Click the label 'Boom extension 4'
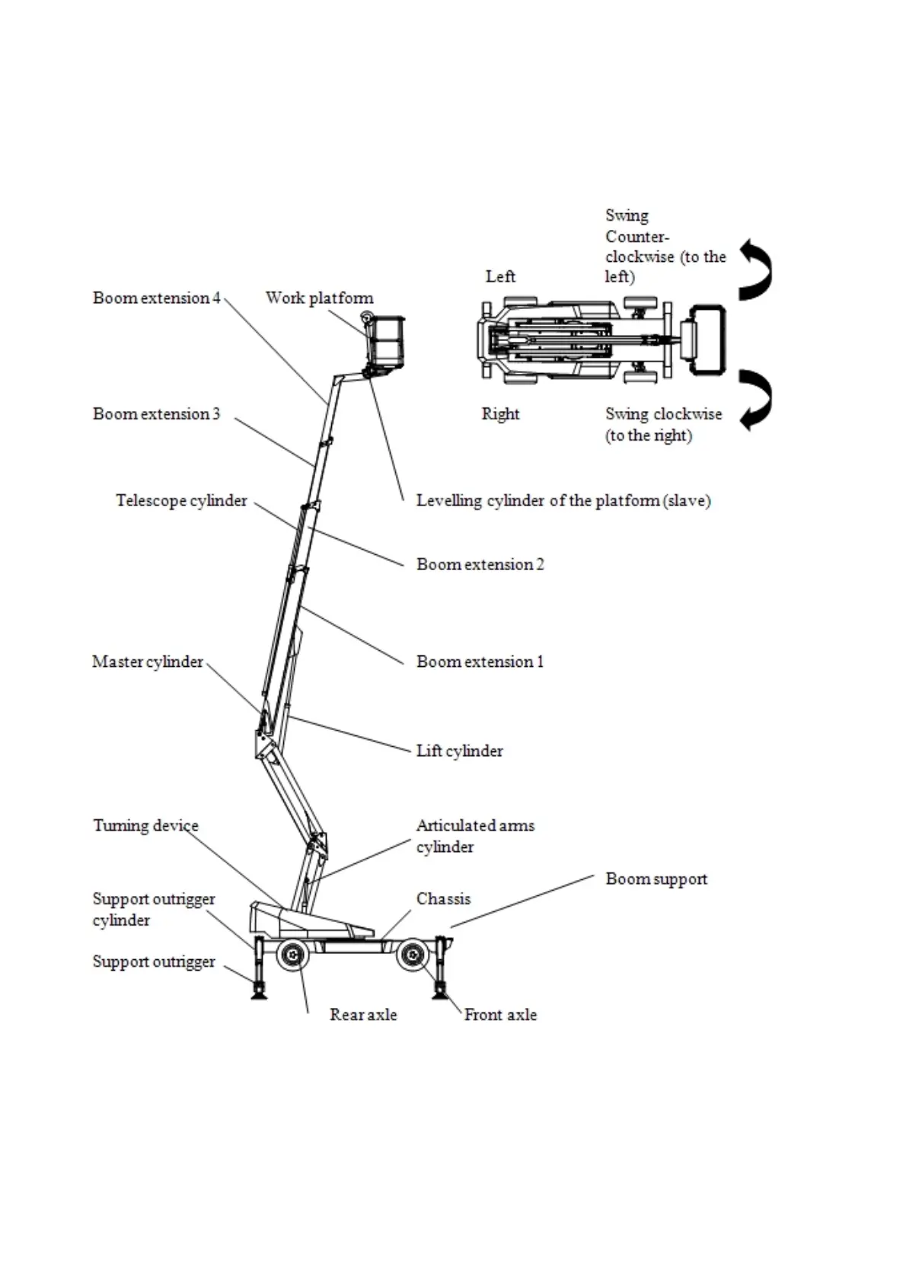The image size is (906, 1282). [x=156, y=298]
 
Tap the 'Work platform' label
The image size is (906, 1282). [x=319, y=298]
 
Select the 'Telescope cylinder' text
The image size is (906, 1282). [x=181, y=500]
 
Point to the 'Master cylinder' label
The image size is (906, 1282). [x=148, y=662]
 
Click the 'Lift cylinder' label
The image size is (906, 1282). [x=459, y=751]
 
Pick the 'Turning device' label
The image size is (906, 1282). [x=145, y=825]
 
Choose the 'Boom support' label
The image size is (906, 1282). [x=656, y=879]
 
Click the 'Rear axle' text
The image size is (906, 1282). [x=362, y=1014]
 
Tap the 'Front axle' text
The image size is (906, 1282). [x=500, y=1014]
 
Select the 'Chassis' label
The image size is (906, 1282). [x=443, y=898]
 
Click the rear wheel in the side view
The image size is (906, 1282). [x=292, y=955]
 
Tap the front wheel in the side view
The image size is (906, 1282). [x=412, y=955]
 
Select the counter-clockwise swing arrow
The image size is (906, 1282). [x=757, y=269]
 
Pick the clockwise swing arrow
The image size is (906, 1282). [x=757, y=400]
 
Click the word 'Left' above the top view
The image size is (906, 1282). [x=500, y=276]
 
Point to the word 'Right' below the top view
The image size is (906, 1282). [x=500, y=414]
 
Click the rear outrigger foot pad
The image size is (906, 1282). [x=260, y=992]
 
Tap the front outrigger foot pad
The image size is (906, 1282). [x=440, y=992]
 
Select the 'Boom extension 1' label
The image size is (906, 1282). [x=480, y=662]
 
